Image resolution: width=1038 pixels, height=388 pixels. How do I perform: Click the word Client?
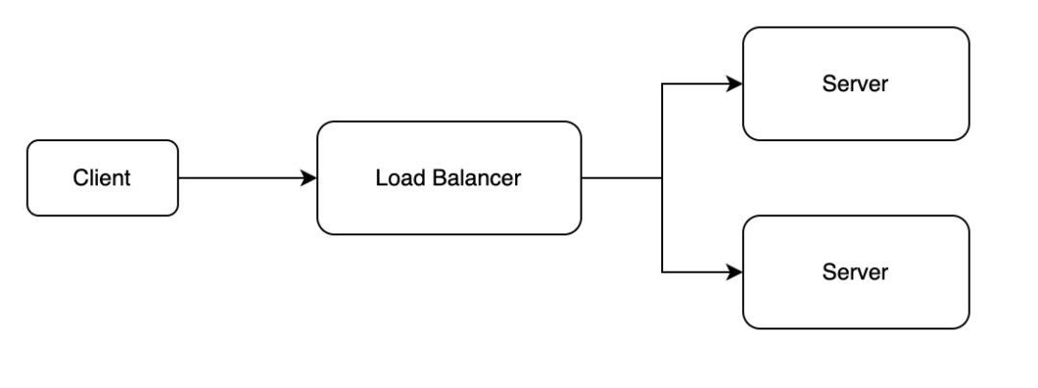click(102, 178)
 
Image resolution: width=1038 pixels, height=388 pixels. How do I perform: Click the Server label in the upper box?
click(855, 84)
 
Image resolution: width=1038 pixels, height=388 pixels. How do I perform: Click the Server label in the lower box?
click(855, 272)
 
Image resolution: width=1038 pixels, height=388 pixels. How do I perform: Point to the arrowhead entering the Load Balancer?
click(309, 178)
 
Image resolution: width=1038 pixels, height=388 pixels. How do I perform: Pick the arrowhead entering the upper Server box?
click(735, 84)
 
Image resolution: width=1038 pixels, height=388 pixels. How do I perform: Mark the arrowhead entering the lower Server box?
click(735, 272)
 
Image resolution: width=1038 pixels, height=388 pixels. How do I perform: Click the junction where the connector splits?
click(662, 178)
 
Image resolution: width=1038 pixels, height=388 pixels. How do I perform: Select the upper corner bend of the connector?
click(662, 84)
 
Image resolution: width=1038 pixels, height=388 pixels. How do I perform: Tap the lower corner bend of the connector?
click(662, 272)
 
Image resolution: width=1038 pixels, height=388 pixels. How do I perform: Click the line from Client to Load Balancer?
click(240, 178)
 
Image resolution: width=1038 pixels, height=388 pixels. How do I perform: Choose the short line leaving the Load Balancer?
click(621, 178)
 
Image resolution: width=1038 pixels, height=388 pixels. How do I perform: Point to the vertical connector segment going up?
click(662, 131)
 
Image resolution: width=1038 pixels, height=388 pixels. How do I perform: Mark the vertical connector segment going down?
click(662, 225)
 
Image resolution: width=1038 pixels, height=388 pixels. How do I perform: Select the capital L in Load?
click(380, 178)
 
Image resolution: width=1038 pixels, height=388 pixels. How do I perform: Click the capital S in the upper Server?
click(829, 84)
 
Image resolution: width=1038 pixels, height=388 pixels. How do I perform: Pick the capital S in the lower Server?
click(829, 272)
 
